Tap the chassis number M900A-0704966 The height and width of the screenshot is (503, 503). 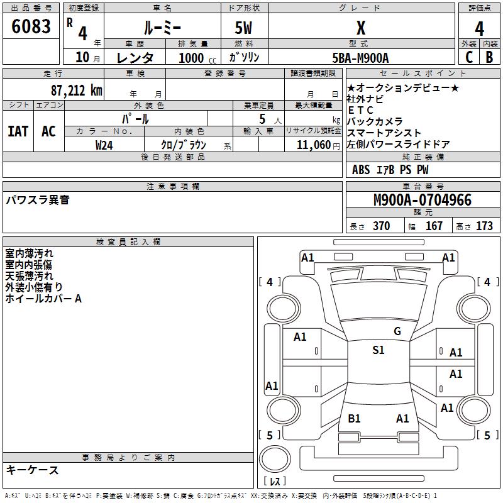423,201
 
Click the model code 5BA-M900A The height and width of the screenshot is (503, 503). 360,58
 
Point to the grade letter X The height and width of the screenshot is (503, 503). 361,28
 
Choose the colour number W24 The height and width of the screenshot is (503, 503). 104,145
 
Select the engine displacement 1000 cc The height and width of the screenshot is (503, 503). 196,58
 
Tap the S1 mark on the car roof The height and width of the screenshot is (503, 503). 378,350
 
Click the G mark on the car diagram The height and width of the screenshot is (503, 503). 397,331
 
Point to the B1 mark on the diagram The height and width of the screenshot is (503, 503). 354,418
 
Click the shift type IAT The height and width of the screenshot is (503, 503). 18,131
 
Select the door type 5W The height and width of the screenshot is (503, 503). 244,28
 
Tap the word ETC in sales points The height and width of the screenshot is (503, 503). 360,110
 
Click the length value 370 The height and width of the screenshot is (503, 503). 381,226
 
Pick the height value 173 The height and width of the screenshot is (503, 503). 484,226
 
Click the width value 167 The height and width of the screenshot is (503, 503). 434,226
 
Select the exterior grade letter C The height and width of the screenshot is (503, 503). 468,57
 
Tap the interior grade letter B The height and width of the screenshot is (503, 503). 489,57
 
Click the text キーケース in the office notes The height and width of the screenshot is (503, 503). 32,470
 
